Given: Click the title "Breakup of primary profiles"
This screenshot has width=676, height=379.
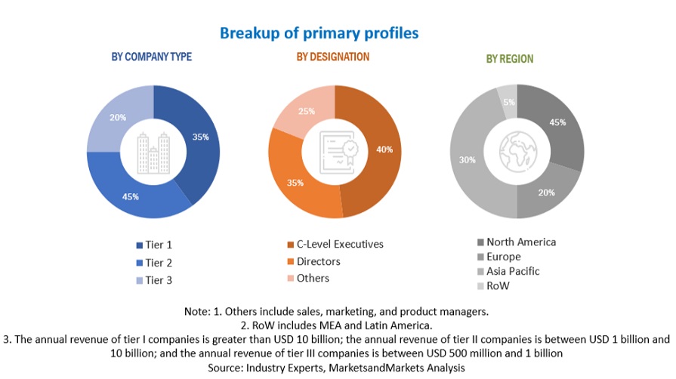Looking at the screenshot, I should (319, 33).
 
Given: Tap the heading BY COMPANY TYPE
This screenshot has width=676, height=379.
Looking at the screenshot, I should (152, 57).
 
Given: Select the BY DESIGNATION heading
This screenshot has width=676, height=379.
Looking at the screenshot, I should (333, 57).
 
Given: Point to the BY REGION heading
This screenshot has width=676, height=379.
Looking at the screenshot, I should (510, 59).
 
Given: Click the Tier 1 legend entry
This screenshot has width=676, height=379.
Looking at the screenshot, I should (154, 245).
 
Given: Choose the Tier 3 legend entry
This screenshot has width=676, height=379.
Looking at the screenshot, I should (154, 280).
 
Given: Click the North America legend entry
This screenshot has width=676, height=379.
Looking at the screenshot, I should (516, 242).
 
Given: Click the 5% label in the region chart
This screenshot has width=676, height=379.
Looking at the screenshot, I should (509, 103).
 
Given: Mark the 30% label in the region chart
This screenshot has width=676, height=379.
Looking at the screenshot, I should (468, 159).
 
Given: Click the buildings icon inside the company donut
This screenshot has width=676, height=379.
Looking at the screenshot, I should (153, 153).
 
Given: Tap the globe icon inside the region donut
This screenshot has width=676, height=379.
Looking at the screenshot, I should (517, 152).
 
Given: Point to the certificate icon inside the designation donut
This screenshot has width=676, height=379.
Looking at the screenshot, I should (334, 152).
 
